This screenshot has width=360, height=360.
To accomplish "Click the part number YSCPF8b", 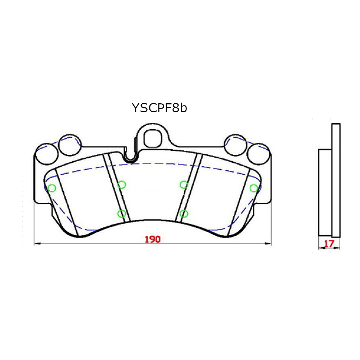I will point(159,108).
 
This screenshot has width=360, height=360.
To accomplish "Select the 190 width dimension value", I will point(152,239).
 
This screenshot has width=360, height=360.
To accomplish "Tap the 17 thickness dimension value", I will point(329,244).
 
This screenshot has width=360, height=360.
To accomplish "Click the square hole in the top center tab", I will point(152,137).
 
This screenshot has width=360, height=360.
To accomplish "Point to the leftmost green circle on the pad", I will point(52,188).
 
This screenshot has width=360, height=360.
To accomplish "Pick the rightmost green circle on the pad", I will point(254,188).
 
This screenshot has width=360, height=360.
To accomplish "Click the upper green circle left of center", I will point(122,185).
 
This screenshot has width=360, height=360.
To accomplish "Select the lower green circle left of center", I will point(122,213).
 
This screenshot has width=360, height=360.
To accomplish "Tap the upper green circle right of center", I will point(184,185).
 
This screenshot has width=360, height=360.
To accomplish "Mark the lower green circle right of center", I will point(184,213).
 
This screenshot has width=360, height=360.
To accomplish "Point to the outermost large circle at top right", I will point(259,153).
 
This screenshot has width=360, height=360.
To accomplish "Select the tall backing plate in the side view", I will point(336,180).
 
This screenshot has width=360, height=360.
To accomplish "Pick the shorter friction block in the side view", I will point(325,193).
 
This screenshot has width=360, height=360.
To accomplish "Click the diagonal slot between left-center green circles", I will point(116,187).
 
